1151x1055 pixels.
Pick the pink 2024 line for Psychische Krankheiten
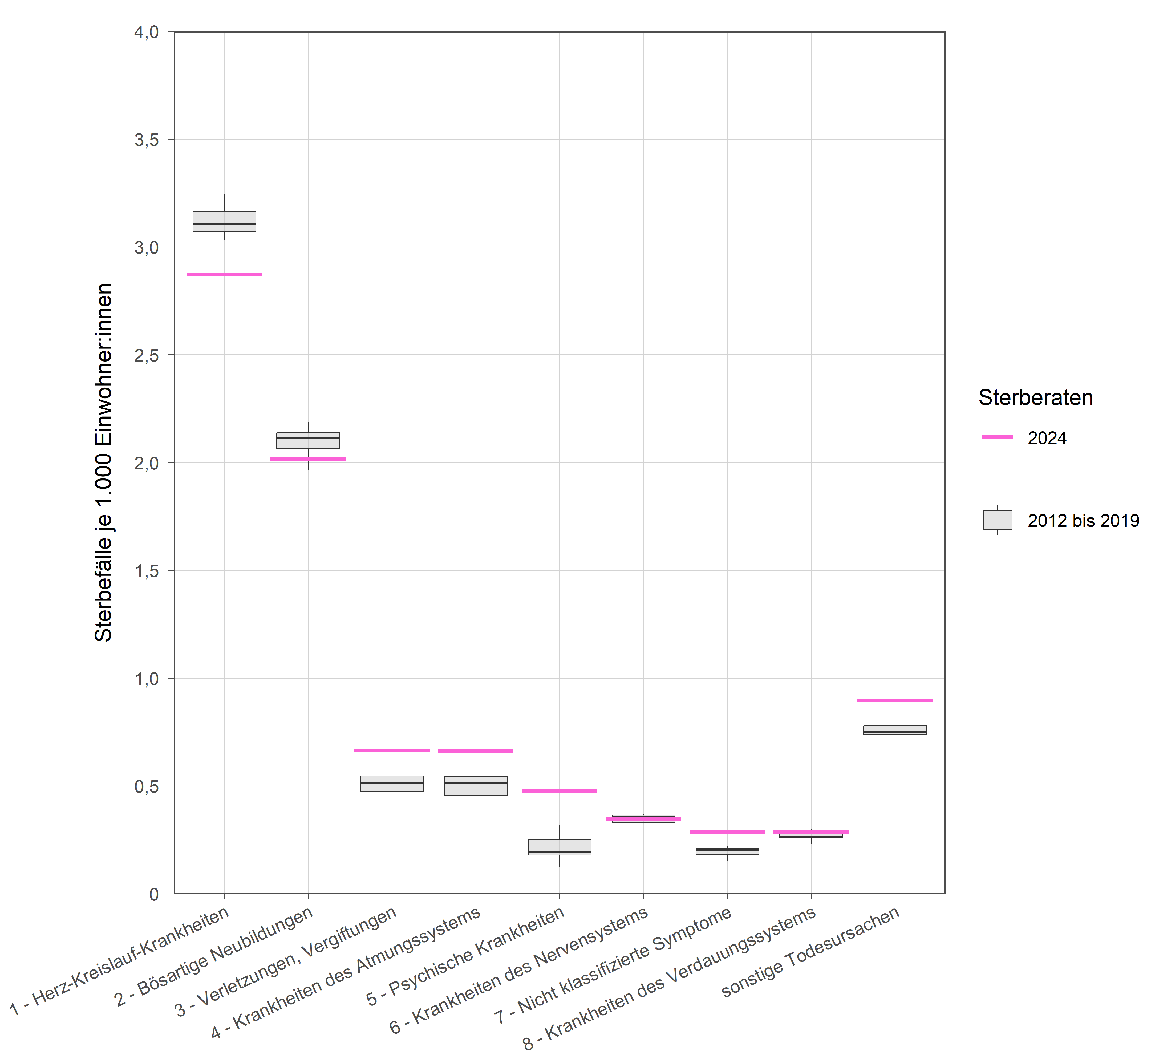click(560, 791)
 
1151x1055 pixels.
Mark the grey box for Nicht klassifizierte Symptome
click(727, 851)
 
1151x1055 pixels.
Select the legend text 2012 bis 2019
click(1083, 521)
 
